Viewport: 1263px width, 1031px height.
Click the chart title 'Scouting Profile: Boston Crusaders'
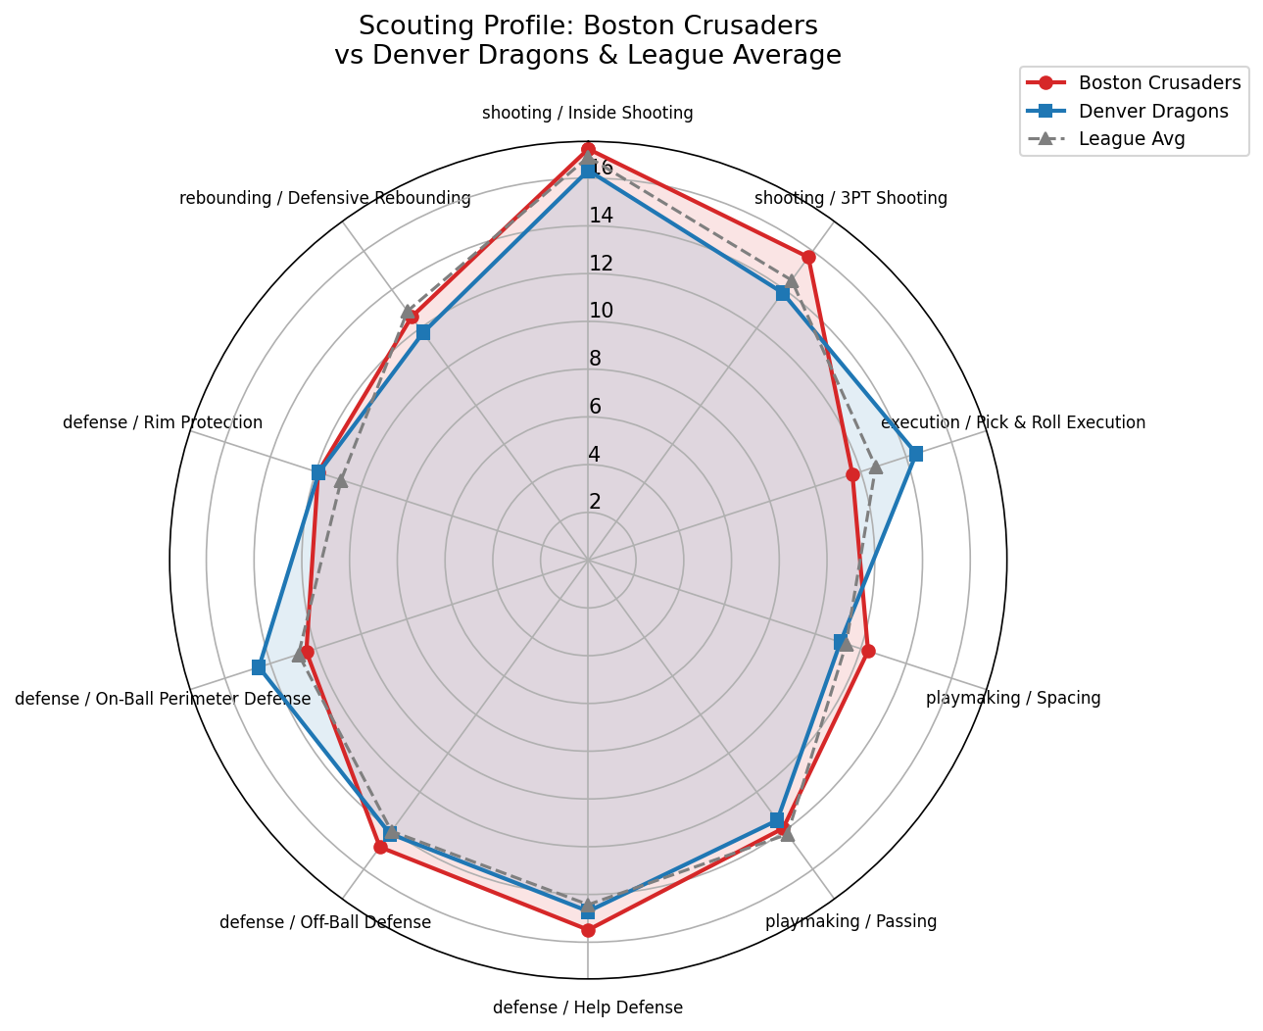(588, 25)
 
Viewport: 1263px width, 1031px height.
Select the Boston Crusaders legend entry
(1159, 82)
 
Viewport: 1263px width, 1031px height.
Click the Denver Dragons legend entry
(1152, 111)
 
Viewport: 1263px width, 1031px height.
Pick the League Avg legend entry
(1131, 138)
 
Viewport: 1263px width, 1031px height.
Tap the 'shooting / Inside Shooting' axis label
(588, 113)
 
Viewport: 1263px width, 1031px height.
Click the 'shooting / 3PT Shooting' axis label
(850, 198)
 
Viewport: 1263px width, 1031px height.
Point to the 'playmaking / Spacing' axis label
(1013, 699)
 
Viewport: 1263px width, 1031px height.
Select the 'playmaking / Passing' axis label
(850, 921)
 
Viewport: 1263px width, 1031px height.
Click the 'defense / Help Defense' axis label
(588, 1007)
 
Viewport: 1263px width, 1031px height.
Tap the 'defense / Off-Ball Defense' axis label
(325, 922)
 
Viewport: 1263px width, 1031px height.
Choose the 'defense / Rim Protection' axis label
(163, 422)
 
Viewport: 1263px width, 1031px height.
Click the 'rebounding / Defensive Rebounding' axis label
(325, 198)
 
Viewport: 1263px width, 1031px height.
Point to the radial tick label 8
(595, 359)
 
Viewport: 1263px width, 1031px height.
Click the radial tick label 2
(595, 502)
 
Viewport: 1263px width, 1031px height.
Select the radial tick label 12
(601, 264)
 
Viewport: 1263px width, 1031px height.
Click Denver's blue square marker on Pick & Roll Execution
(915, 454)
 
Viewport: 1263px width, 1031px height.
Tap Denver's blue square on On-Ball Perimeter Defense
(259, 667)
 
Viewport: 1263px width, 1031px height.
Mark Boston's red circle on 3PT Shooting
(808, 258)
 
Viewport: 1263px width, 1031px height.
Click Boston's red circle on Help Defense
(588, 930)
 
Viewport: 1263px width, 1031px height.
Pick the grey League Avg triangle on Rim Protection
(340, 481)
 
